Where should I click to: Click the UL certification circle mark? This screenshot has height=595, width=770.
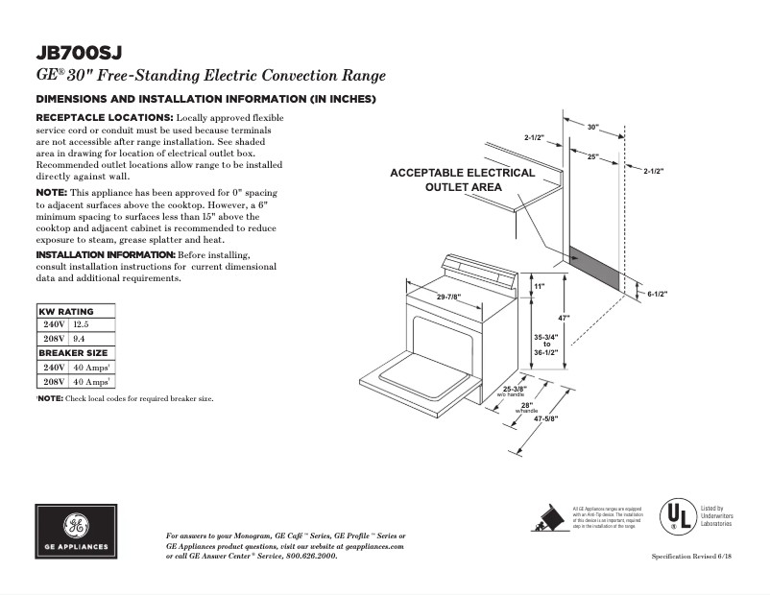coord(675,516)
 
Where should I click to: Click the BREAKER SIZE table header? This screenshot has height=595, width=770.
coord(74,353)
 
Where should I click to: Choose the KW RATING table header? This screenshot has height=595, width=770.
coord(65,312)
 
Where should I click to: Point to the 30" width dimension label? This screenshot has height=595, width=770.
coord(592,127)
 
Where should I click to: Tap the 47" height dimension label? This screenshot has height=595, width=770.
coord(565,318)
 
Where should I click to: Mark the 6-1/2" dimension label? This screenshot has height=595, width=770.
coord(658,294)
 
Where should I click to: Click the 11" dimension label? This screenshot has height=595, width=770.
coord(539,287)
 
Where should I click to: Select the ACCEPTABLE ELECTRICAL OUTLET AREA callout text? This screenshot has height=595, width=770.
coord(462,179)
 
